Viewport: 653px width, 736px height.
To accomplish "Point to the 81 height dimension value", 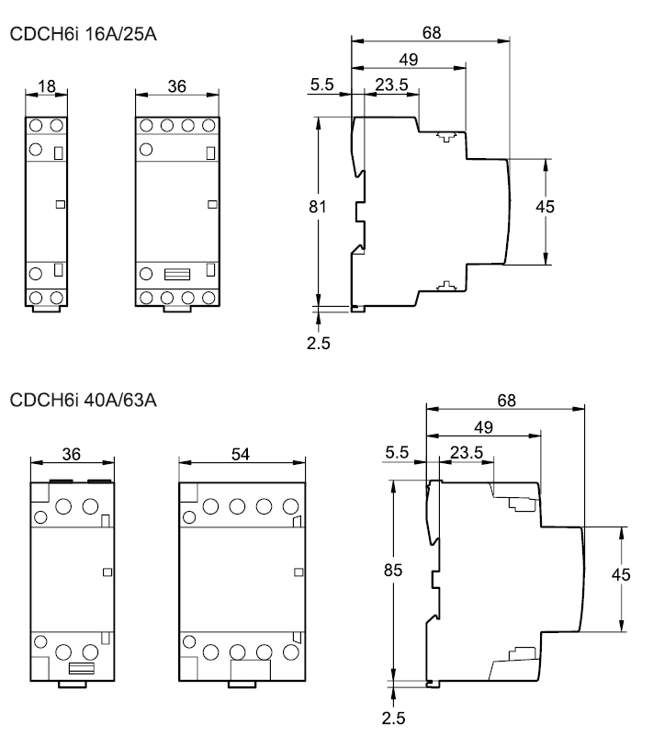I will point(318,208).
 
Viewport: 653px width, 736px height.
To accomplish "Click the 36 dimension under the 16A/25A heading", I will point(177,86).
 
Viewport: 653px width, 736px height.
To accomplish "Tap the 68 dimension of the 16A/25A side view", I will point(431,32).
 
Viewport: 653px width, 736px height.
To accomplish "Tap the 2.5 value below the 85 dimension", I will point(394,717).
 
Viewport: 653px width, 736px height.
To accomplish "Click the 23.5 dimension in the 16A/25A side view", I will point(390,85).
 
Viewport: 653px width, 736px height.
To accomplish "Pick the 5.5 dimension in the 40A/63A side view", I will point(396,452).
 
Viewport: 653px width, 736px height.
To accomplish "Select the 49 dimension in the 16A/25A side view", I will point(409,59).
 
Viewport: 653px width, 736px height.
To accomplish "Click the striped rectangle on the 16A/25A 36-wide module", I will point(176,274).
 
